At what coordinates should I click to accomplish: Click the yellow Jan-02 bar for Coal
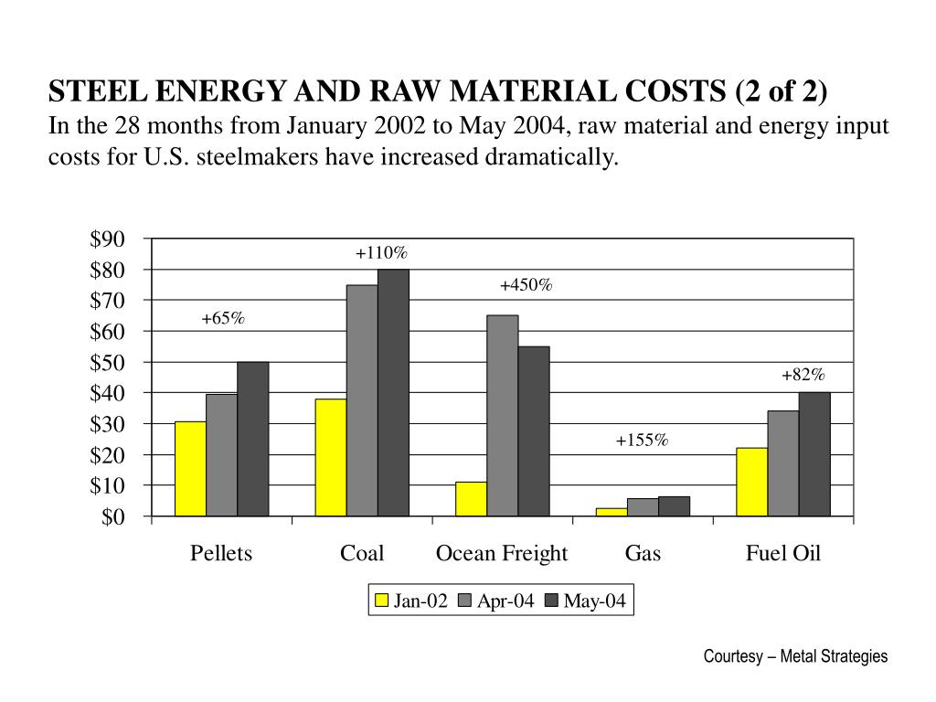pos(331,457)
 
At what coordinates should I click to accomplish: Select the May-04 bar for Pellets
pos(252,439)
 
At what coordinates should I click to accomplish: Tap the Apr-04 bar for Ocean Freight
pos(502,416)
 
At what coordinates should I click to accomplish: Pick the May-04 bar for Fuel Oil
pos(814,454)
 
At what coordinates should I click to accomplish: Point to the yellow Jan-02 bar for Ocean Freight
pos(471,499)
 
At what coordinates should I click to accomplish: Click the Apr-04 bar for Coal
pos(362,400)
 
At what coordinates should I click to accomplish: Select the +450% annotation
pos(526,285)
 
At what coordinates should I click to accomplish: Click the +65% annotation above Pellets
pos(223,318)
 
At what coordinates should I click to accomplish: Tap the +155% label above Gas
pos(643,441)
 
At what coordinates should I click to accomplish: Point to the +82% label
pos(803,375)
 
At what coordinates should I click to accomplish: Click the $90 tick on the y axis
pos(107,239)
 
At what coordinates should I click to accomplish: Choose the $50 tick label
pos(107,363)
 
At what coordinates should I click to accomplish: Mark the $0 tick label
pos(112,517)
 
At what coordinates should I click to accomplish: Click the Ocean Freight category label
pos(502,553)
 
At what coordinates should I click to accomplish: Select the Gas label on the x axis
pos(643,553)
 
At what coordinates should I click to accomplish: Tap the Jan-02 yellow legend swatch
pos(382,601)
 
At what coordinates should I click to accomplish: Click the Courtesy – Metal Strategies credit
pos(795,656)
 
